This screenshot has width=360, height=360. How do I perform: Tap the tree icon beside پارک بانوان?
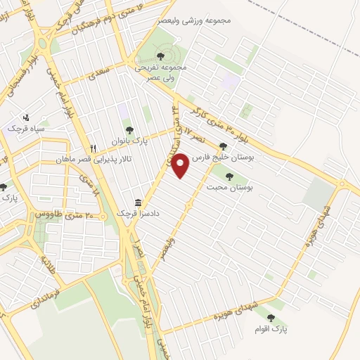point(129,129)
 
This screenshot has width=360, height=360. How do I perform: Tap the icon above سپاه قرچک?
point(27,117)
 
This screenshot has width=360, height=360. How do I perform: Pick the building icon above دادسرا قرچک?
point(137,201)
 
